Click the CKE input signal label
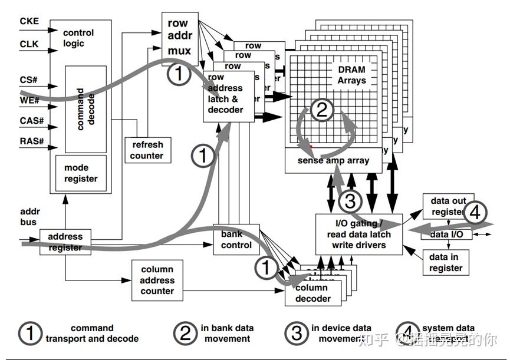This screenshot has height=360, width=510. click(29, 21)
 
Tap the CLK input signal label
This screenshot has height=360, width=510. click(29, 44)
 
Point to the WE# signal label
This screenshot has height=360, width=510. click(29, 100)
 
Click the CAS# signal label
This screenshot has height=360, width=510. click(31, 120)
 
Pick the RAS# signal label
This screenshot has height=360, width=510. click(31, 141)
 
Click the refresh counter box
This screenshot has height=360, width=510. click(147, 150)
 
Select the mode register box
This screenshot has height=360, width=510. click(80, 173)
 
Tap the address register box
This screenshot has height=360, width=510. click(65, 242)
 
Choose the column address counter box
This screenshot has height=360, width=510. click(157, 280)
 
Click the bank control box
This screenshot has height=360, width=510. click(236, 240)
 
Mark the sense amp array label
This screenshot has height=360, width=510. click(334, 160)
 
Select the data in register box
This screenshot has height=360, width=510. click(446, 263)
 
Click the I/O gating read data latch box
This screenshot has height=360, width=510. click(359, 235)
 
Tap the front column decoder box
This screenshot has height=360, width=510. click(313, 293)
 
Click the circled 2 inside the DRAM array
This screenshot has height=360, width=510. click(322, 110)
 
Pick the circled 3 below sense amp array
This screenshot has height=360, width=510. click(349, 200)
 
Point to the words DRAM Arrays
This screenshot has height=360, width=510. click(351, 75)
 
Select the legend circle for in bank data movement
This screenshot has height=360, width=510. click(186, 333)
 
